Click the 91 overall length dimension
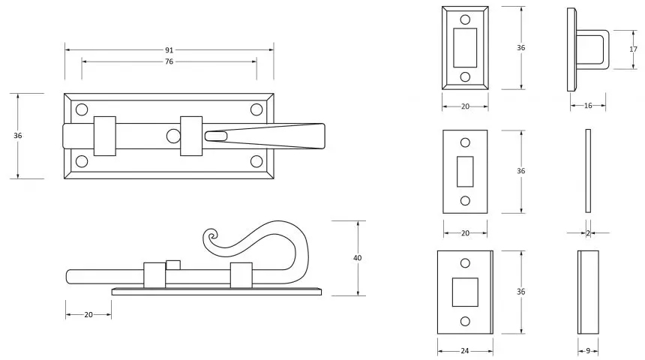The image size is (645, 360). coord(169,49)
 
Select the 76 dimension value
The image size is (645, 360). coord(169,61)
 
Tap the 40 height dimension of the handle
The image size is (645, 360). coord(357,258)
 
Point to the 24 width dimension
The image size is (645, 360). coord(465,351)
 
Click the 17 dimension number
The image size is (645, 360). coord(633,49)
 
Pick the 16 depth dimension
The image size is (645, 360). coord(588,106)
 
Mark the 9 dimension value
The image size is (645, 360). coord(589,351)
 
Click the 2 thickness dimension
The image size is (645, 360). coord(588,232)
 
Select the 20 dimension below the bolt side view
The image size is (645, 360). coord(88,315)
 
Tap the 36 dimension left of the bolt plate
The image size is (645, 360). coord(18,136)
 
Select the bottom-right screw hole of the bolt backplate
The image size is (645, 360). coord(256,160)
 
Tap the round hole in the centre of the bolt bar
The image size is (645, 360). coord(173,136)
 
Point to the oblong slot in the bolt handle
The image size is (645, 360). coord(215,136)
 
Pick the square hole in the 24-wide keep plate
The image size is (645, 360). coord(465,292)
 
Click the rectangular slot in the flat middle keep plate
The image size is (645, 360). coord(465,171)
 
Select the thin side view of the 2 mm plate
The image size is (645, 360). coord(587,171)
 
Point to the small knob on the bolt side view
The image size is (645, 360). coord(173,264)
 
